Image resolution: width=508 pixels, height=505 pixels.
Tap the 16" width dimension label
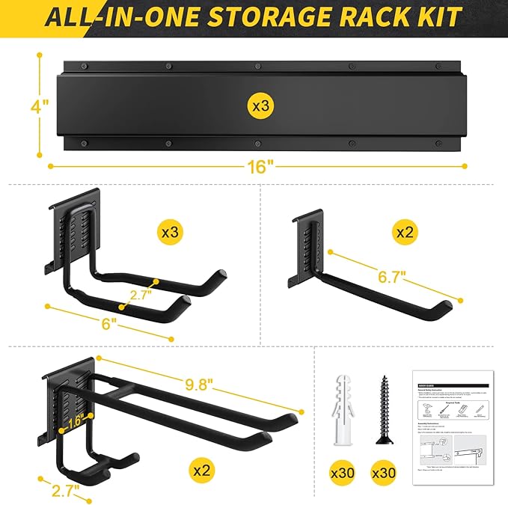(x=259, y=167)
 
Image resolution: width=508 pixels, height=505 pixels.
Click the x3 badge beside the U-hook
(x=171, y=233)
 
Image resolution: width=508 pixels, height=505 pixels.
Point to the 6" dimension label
(x=109, y=324)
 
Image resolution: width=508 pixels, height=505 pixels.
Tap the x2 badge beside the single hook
(x=405, y=233)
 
